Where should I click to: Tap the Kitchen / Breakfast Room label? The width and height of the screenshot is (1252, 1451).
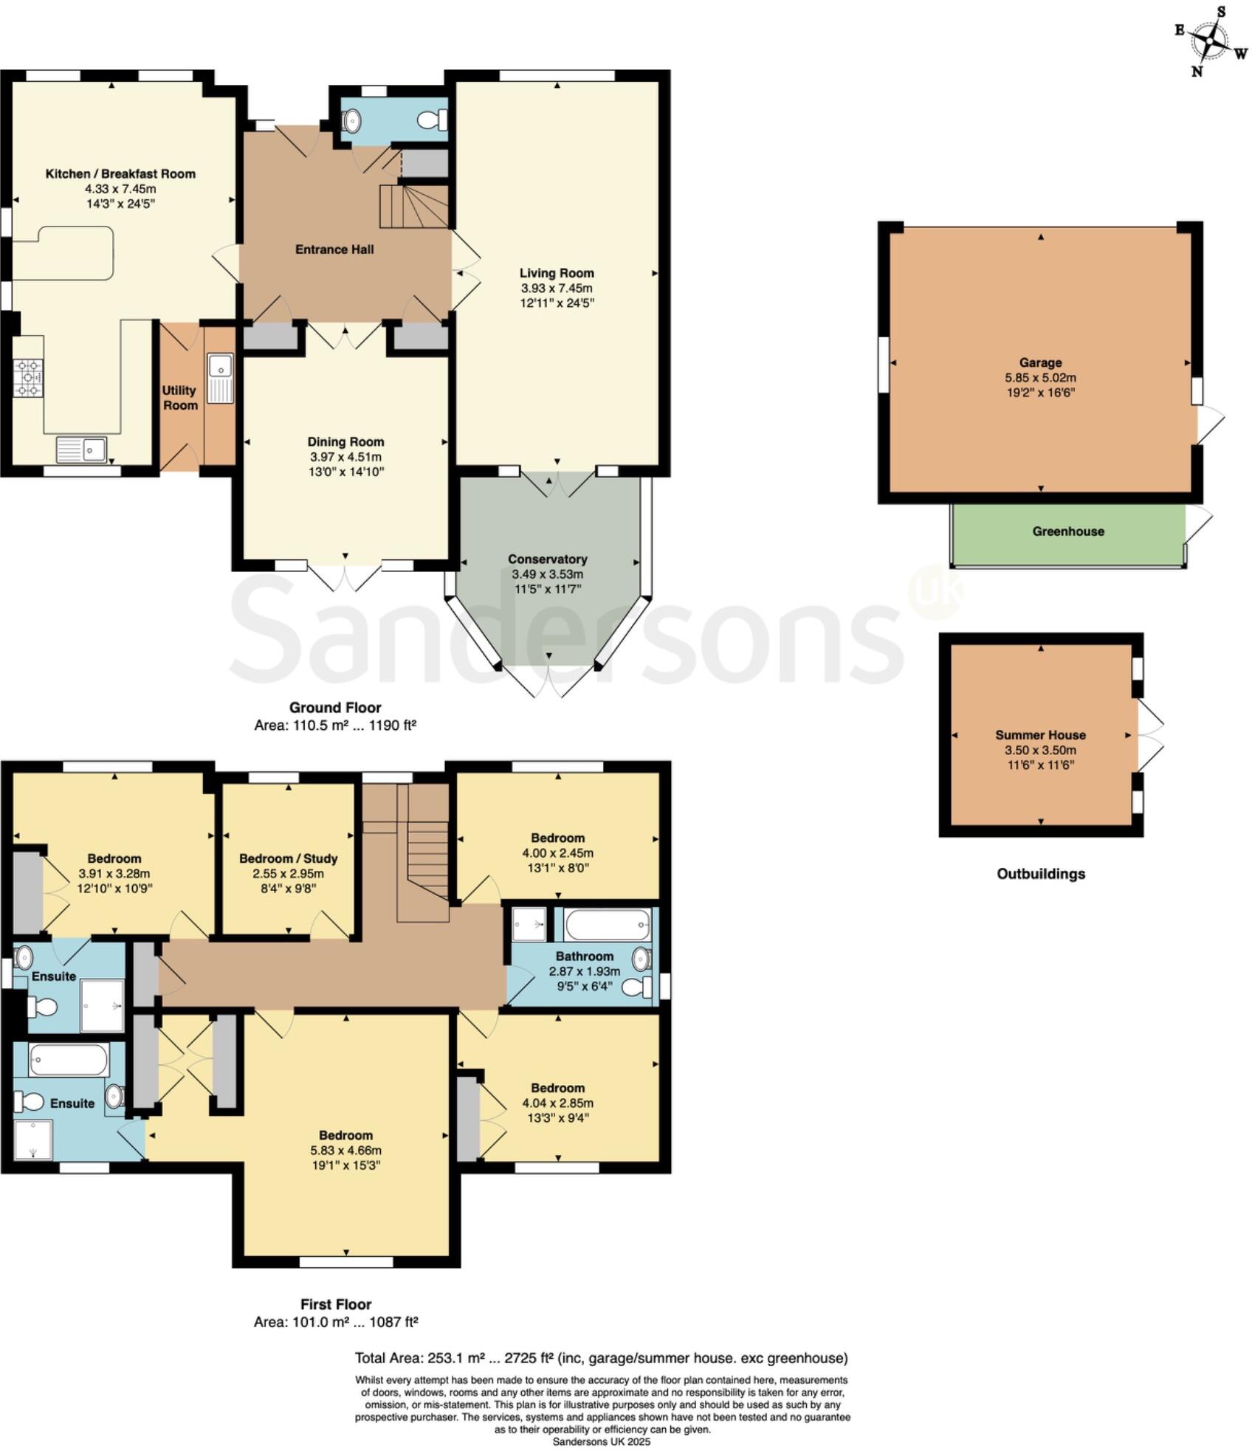120,174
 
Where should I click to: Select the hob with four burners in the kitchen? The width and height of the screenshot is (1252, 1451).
28,376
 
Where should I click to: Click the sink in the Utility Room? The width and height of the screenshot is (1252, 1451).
220,378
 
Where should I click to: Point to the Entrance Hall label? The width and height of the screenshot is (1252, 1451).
334,249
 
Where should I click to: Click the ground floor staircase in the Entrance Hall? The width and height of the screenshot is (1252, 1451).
413,206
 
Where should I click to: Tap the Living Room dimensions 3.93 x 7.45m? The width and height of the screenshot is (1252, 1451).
557,288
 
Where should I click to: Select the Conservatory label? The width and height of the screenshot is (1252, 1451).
547,559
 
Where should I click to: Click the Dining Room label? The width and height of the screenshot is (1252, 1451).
345,442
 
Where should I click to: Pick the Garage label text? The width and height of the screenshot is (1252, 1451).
1040,362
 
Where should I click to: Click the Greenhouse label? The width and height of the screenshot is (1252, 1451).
1068,531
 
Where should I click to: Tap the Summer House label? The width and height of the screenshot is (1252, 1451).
1040,735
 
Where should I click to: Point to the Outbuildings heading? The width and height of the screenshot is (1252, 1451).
1041,874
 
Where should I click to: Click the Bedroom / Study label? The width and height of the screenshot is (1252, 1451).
288,858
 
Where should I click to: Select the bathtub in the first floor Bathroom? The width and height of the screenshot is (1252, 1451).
607,924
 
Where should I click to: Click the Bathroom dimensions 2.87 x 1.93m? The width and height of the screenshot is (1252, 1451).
584,971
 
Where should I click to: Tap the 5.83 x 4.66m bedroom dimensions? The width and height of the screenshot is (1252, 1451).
345,1150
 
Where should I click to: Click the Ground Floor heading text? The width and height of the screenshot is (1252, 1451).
335,707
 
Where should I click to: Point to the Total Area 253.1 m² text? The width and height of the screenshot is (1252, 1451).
601,1358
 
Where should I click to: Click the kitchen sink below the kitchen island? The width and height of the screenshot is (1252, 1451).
82,449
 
